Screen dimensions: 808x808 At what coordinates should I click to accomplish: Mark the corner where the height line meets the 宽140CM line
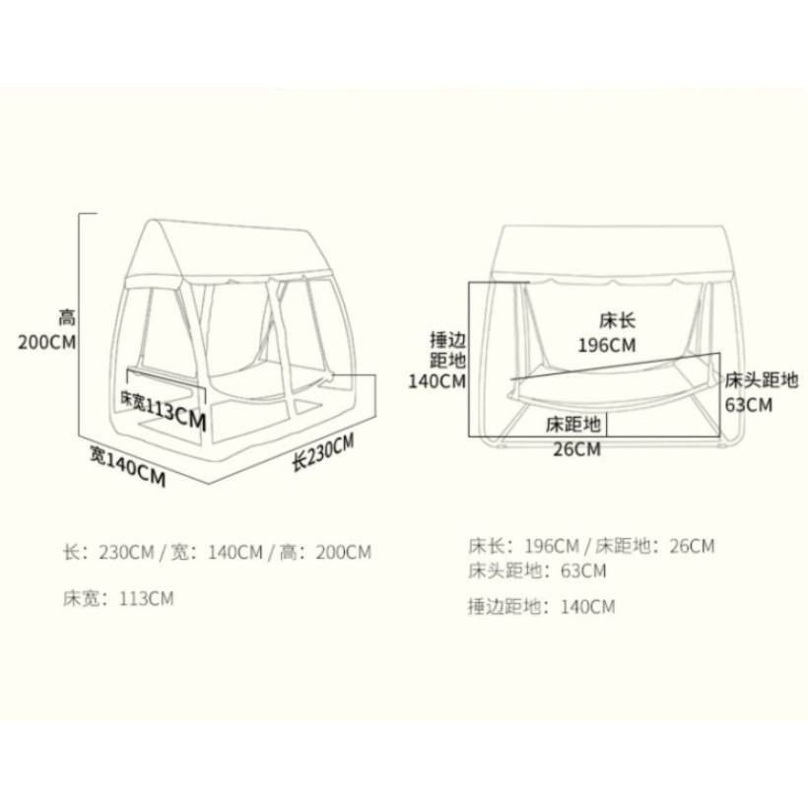pos(78,436)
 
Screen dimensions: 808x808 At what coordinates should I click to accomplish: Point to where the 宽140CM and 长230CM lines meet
pos(209,484)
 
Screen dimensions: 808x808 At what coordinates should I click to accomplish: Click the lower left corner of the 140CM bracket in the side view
pos(469,437)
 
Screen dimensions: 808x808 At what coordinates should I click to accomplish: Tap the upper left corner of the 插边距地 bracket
pos(469,283)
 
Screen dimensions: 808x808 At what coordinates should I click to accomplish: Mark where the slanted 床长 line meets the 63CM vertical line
pos(719,354)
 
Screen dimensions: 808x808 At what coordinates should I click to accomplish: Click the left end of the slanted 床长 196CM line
pos(511,379)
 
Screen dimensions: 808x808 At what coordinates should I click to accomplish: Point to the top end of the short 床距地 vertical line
pos(607,412)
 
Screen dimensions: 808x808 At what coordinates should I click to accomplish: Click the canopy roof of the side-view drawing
pos(610,253)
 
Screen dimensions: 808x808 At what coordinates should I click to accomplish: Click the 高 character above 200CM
pos(67,317)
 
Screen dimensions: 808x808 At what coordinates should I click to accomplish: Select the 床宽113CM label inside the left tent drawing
pos(164,410)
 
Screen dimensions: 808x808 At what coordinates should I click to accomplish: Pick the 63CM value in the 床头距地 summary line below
pos(584,571)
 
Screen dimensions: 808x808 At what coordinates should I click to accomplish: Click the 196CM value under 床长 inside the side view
pos(607,345)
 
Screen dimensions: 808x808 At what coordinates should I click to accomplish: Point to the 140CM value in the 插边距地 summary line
pos(588,607)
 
